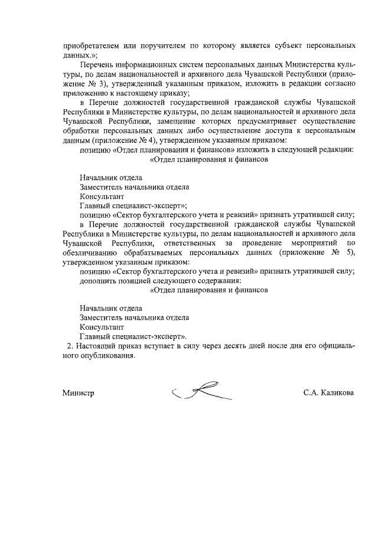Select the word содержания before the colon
(x=213, y=281)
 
